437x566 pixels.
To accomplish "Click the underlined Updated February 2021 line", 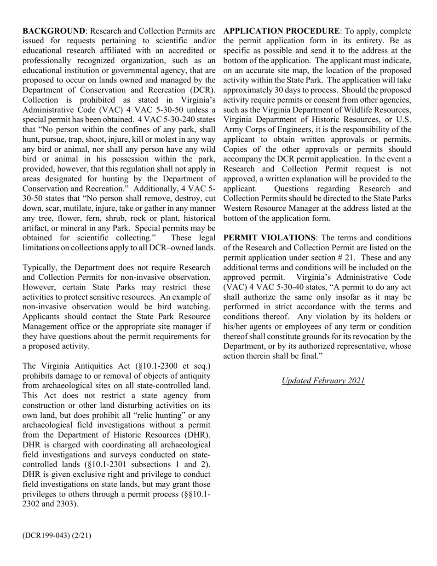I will [323, 381].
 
